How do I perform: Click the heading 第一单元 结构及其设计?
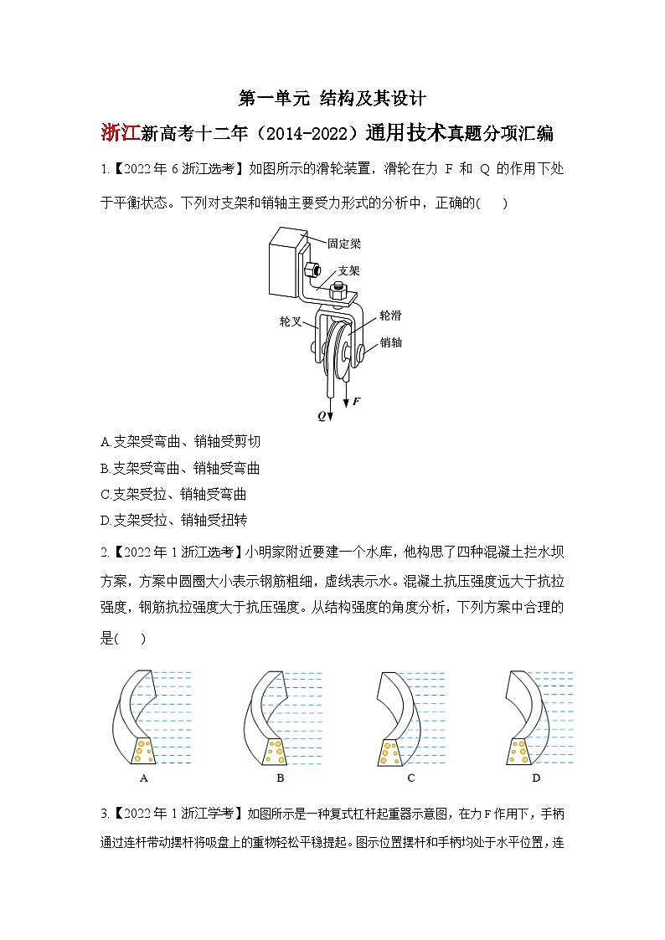tap(332, 99)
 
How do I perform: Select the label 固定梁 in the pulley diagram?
tap(343, 244)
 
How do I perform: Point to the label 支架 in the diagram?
tap(349, 270)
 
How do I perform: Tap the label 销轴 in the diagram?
tap(390, 342)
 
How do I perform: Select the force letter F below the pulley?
tap(356, 402)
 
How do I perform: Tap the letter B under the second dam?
tap(280, 778)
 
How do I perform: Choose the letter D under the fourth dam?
tap(535, 778)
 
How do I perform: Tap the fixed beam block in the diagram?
tap(283, 264)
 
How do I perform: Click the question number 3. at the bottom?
tap(105, 814)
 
